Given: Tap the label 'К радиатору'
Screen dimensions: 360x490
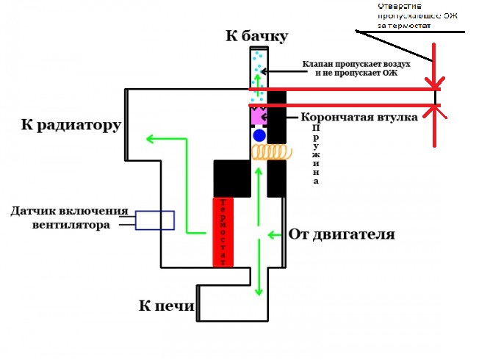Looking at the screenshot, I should point(71,125).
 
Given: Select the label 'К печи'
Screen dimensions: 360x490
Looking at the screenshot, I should point(167,306).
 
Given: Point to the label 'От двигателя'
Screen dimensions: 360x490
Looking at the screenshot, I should point(342,235).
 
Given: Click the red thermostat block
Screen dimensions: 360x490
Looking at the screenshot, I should point(223,231).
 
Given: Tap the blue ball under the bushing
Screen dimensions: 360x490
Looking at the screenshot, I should point(259,136).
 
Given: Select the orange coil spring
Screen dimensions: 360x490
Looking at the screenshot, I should point(269,151).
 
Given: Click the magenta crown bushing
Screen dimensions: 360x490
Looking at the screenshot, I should point(257,116).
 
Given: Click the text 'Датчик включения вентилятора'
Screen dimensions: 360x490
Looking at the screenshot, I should point(69,218).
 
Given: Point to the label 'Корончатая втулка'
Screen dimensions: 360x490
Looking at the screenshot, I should point(359,117).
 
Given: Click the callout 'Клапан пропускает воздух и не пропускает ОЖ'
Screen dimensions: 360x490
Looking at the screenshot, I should point(355,69).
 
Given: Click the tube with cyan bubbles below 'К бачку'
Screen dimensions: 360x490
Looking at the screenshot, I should point(258,73).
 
